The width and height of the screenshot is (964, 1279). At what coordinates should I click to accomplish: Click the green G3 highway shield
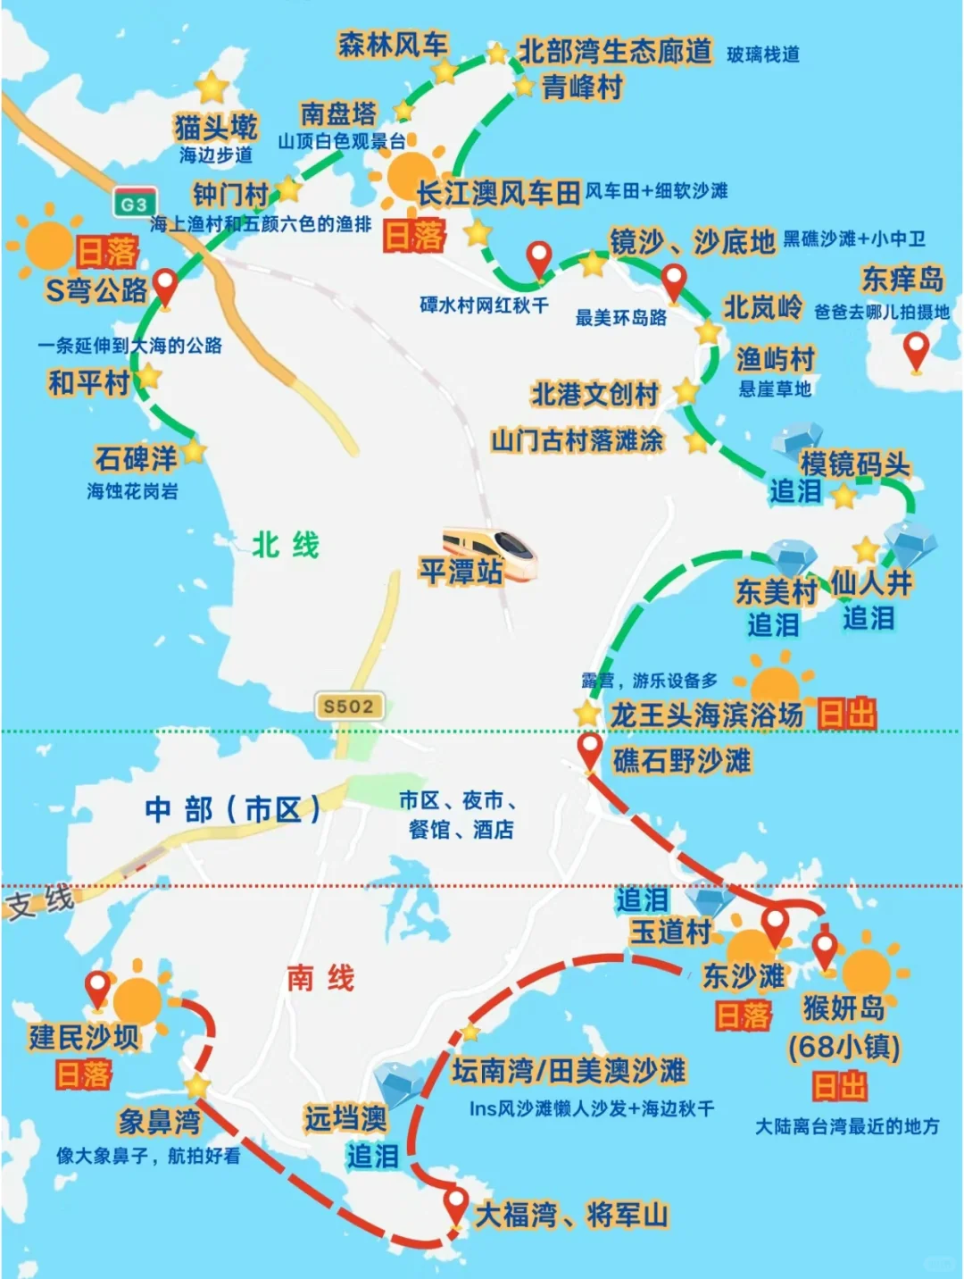coord(135,205)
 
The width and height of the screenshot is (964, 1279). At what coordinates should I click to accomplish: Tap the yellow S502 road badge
coord(349,706)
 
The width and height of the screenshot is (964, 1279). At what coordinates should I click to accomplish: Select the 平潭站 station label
coord(461,572)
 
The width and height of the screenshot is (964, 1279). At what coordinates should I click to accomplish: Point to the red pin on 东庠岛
coord(916,350)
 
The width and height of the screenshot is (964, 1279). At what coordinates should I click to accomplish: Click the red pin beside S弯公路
coord(165,288)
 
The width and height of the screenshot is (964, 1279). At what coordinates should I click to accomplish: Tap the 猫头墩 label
coord(216,127)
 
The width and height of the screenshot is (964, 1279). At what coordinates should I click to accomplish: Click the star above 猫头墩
coord(212,88)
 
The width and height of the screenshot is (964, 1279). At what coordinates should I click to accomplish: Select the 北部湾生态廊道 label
coord(615,52)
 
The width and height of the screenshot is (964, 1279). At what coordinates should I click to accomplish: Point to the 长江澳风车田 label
coord(498,192)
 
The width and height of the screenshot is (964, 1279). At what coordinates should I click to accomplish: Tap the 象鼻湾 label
coord(160,1121)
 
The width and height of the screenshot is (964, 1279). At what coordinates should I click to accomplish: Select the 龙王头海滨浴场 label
coord(706,715)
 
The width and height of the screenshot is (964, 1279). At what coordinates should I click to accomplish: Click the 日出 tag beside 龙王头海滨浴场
coord(847,715)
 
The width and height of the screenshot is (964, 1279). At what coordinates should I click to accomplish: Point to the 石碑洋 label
coord(137,459)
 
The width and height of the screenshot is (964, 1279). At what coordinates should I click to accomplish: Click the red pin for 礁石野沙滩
coord(589,750)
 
